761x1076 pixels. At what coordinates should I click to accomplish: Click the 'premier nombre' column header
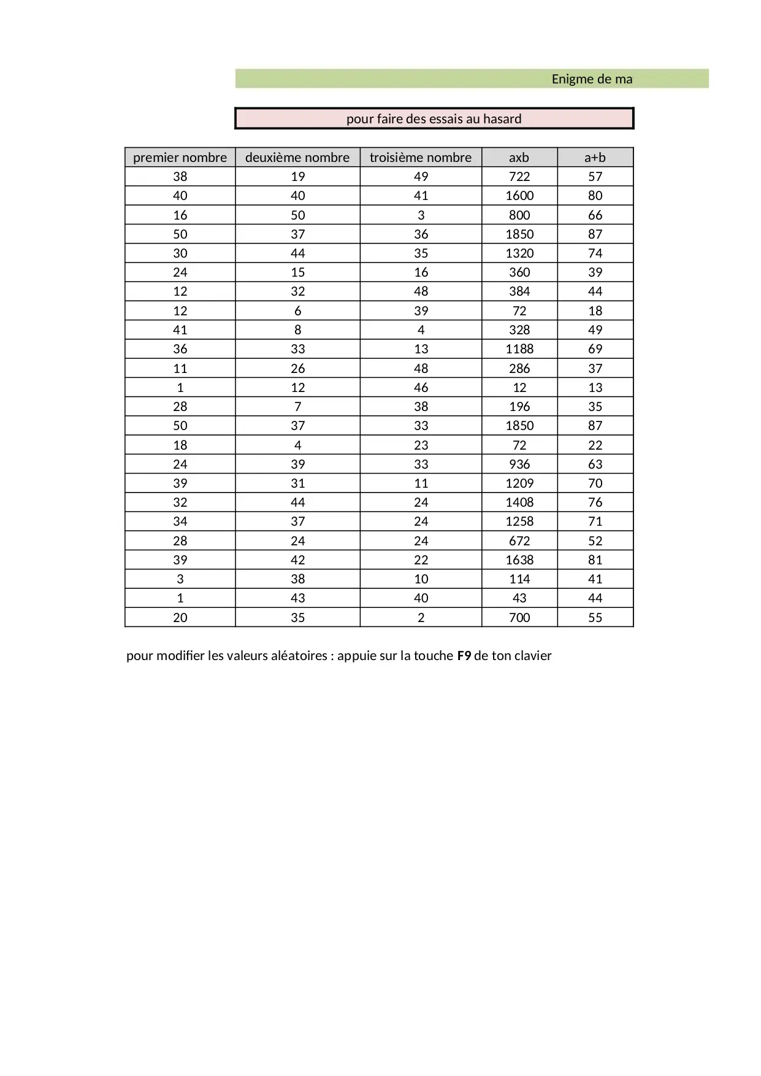[180, 158]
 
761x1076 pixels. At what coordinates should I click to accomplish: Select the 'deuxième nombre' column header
[297, 158]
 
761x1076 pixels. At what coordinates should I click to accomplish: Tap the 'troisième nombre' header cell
[421, 158]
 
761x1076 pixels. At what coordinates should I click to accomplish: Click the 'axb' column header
[519, 158]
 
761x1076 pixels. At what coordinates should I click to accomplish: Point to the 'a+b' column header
[595, 158]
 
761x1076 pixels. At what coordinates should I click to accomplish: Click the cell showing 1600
[519, 196]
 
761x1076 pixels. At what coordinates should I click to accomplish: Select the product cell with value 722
[519, 177]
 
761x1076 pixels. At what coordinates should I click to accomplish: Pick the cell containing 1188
[519, 349]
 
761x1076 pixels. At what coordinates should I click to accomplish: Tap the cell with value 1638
[519, 560]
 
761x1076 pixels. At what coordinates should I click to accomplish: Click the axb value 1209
[519, 483]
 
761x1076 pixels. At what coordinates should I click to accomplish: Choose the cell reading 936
[519, 464]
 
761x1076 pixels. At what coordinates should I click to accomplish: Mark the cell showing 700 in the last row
[519, 618]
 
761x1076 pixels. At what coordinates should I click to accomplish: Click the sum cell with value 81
[595, 560]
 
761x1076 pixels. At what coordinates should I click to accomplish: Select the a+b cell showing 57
[595, 177]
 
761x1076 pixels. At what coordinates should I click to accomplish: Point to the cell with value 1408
[519, 502]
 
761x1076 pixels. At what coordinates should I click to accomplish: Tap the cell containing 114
[519, 579]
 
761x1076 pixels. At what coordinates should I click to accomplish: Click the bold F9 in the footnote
[464, 656]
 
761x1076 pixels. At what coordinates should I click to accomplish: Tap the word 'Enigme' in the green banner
[573, 79]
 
